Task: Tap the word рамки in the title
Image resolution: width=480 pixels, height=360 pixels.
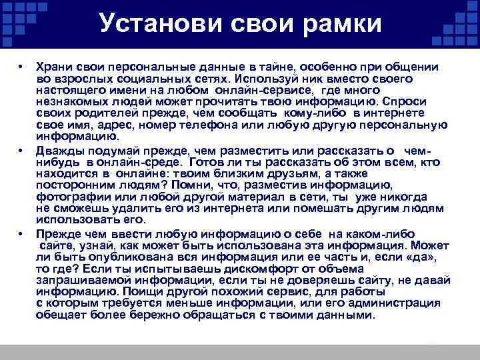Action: (342, 25)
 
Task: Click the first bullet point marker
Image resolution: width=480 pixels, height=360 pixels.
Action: (21, 68)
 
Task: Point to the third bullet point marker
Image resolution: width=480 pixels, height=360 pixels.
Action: (21, 235)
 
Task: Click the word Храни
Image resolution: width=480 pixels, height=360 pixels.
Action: (53, 68)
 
